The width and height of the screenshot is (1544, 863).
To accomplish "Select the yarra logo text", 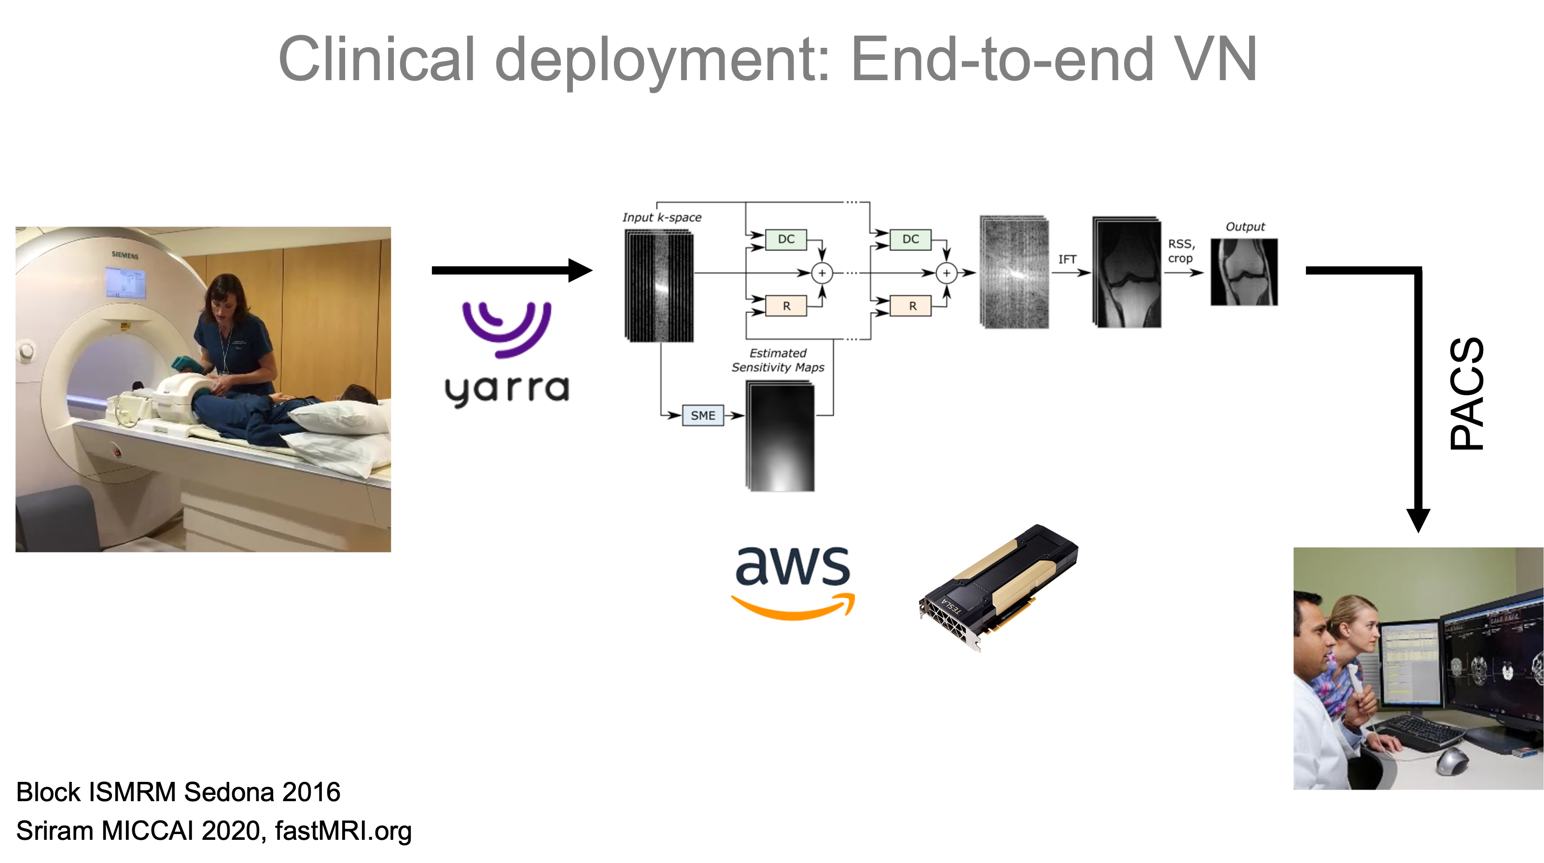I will (x=506, y=390).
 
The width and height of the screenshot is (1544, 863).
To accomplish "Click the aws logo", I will (x=787, y=580).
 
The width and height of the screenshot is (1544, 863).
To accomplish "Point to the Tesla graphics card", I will (x=998, y=588).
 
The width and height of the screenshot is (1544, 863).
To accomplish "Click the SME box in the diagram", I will (x=702, y=415).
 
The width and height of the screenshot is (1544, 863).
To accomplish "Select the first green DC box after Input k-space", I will (x=786, y=239).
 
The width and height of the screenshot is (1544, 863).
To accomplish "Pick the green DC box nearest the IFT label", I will (x=910, y=239).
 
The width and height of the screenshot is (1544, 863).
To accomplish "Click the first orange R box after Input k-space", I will (x=786, y=306).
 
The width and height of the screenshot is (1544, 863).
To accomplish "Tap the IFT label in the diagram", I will (x=1067, y=259).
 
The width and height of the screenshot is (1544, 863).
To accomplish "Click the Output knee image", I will (x=1244, y=272).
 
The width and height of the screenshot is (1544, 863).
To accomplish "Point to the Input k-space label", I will (x=662, y=217).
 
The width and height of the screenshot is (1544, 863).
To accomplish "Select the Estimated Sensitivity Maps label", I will (x=778, y=360).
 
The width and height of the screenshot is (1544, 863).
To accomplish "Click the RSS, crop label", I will (x=1181, y=251).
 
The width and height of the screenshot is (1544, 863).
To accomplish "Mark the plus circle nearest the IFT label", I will (x=946, y=273).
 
